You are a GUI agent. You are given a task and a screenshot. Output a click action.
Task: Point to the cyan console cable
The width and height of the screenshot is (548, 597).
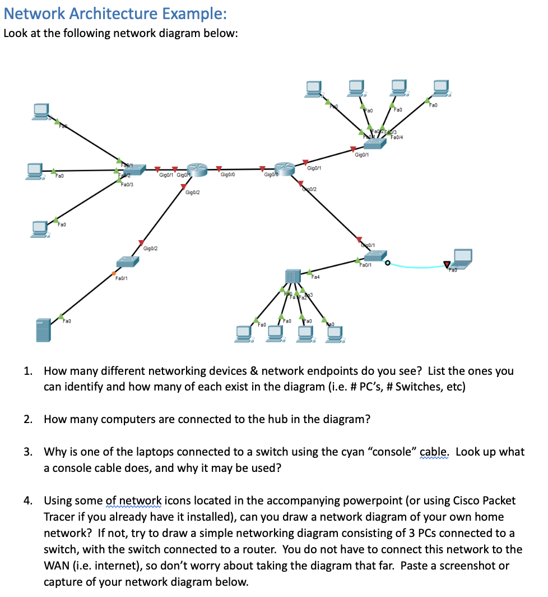417,267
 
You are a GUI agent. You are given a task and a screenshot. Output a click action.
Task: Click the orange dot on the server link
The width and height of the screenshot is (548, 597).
114,273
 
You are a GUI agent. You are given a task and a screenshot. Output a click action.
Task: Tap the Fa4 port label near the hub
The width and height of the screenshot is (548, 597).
315,277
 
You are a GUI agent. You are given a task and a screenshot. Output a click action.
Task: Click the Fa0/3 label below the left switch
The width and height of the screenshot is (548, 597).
127,184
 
